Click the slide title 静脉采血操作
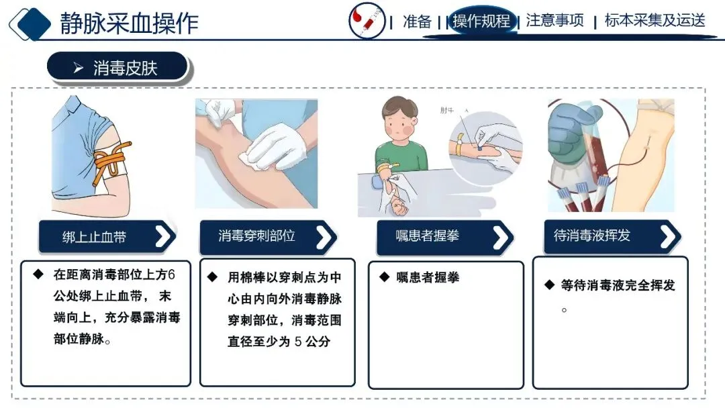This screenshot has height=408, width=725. coord(129,23)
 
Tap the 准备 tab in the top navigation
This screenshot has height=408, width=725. coord(417,21)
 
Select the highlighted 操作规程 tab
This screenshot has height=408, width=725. coord(481,21)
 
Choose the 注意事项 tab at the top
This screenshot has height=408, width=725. coord(554,20)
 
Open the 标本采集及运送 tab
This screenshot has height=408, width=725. coord(655,20)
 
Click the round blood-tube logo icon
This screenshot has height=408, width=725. coord(367,21)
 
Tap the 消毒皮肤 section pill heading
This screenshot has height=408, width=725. coord(118,68)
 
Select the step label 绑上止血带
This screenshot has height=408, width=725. coord(95,237)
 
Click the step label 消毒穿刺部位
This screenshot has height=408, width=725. coord(256,236)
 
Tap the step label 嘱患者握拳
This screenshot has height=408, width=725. coord(427,236)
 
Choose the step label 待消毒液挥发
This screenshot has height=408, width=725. coord(592,235)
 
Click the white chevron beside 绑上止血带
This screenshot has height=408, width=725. coord(164,237)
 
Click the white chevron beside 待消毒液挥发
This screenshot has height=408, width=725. coord(669,236)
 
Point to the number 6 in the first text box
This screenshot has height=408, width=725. coord(171,274)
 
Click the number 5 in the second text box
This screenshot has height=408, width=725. coord(298,342)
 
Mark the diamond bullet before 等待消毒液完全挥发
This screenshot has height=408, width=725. coord(549,285)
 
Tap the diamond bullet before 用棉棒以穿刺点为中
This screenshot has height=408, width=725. coord(212,276)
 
